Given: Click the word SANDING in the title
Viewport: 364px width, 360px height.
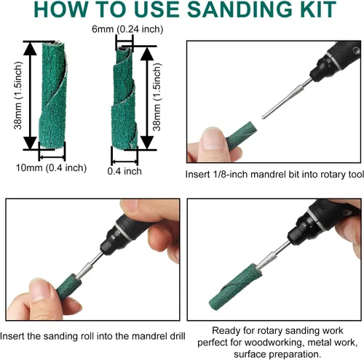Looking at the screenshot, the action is tap(240, 9).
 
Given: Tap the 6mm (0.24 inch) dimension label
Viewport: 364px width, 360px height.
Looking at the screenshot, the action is tap(127, 29).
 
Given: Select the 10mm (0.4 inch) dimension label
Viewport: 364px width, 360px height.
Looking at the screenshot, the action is tap(51, 168).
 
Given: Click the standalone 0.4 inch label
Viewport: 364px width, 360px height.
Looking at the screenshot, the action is tap(124, 171).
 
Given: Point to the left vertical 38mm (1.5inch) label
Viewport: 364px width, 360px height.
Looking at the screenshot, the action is tap(18, 95).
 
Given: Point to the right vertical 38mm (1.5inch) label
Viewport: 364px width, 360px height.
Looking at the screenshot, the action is tap(157, 97).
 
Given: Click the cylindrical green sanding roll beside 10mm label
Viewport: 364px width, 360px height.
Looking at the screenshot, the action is tap(53, 95).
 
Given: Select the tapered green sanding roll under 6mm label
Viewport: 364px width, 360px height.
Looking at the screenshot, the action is tap(124, 98).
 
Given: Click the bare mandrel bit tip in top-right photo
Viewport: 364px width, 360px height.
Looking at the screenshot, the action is tap(264, 117).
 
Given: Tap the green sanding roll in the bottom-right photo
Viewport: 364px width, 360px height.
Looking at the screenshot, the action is tap(235, 287).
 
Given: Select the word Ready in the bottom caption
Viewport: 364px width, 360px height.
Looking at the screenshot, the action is tap(223, 331).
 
